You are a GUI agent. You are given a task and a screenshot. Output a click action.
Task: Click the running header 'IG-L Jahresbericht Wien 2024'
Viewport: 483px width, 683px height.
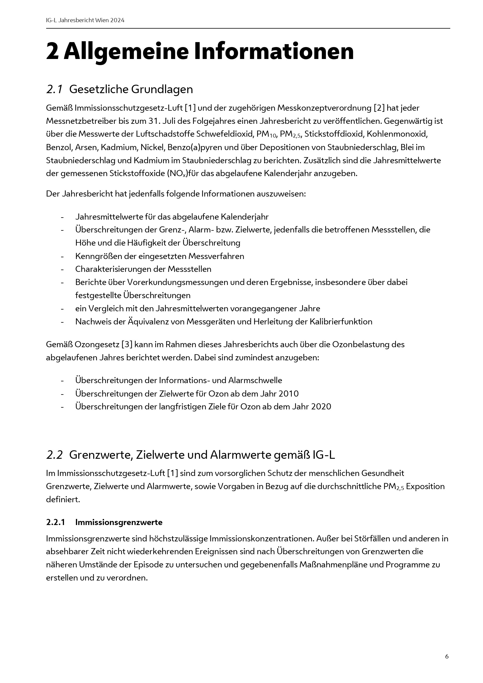85,20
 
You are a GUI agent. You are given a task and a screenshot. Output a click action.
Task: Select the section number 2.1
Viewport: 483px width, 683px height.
54,89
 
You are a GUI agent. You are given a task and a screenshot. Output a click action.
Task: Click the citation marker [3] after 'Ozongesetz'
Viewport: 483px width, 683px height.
127,345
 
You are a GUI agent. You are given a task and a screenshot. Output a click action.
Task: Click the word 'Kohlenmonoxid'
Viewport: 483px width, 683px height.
397,134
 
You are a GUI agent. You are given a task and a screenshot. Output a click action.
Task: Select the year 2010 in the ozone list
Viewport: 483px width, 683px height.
288,394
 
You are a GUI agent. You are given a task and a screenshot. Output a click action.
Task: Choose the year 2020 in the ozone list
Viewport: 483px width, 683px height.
321,407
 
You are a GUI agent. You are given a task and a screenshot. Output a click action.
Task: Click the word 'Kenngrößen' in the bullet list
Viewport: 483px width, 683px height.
97,256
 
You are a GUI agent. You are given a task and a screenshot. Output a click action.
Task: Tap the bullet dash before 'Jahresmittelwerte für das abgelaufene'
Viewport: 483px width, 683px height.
62,217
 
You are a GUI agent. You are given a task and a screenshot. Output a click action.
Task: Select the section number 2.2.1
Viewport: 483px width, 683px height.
55,522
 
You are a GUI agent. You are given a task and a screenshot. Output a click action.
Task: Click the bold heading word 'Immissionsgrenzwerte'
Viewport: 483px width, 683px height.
119,522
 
